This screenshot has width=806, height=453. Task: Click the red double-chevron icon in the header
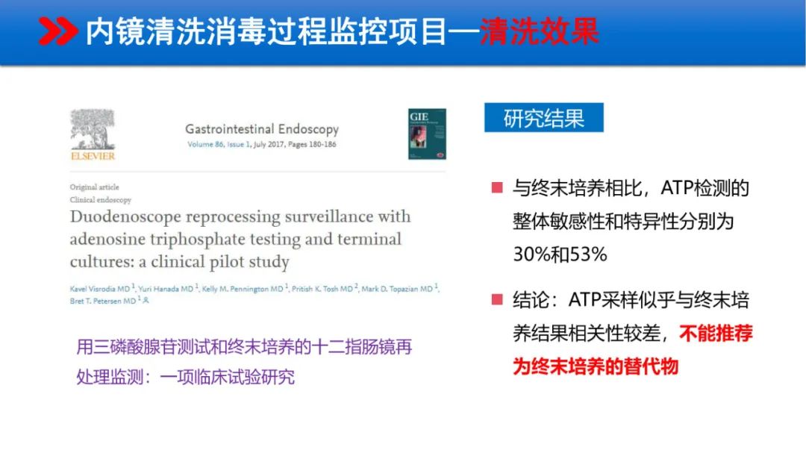point(57,31)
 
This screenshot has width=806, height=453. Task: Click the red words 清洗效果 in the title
point(539,32)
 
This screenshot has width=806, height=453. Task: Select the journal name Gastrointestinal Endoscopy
point(261,129)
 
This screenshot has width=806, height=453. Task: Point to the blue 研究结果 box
point(543,118)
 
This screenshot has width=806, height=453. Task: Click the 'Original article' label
point(95,187)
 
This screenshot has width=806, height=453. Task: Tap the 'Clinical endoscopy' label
point(101,200)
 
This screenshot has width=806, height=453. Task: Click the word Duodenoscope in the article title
point(124,217)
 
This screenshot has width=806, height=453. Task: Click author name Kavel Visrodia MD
point(101,289)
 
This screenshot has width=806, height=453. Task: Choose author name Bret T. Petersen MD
point(104,300)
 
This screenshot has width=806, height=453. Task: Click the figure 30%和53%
point(560,254)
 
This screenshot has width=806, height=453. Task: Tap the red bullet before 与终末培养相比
point(497,187)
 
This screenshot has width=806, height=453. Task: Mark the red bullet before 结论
point(497,300)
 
